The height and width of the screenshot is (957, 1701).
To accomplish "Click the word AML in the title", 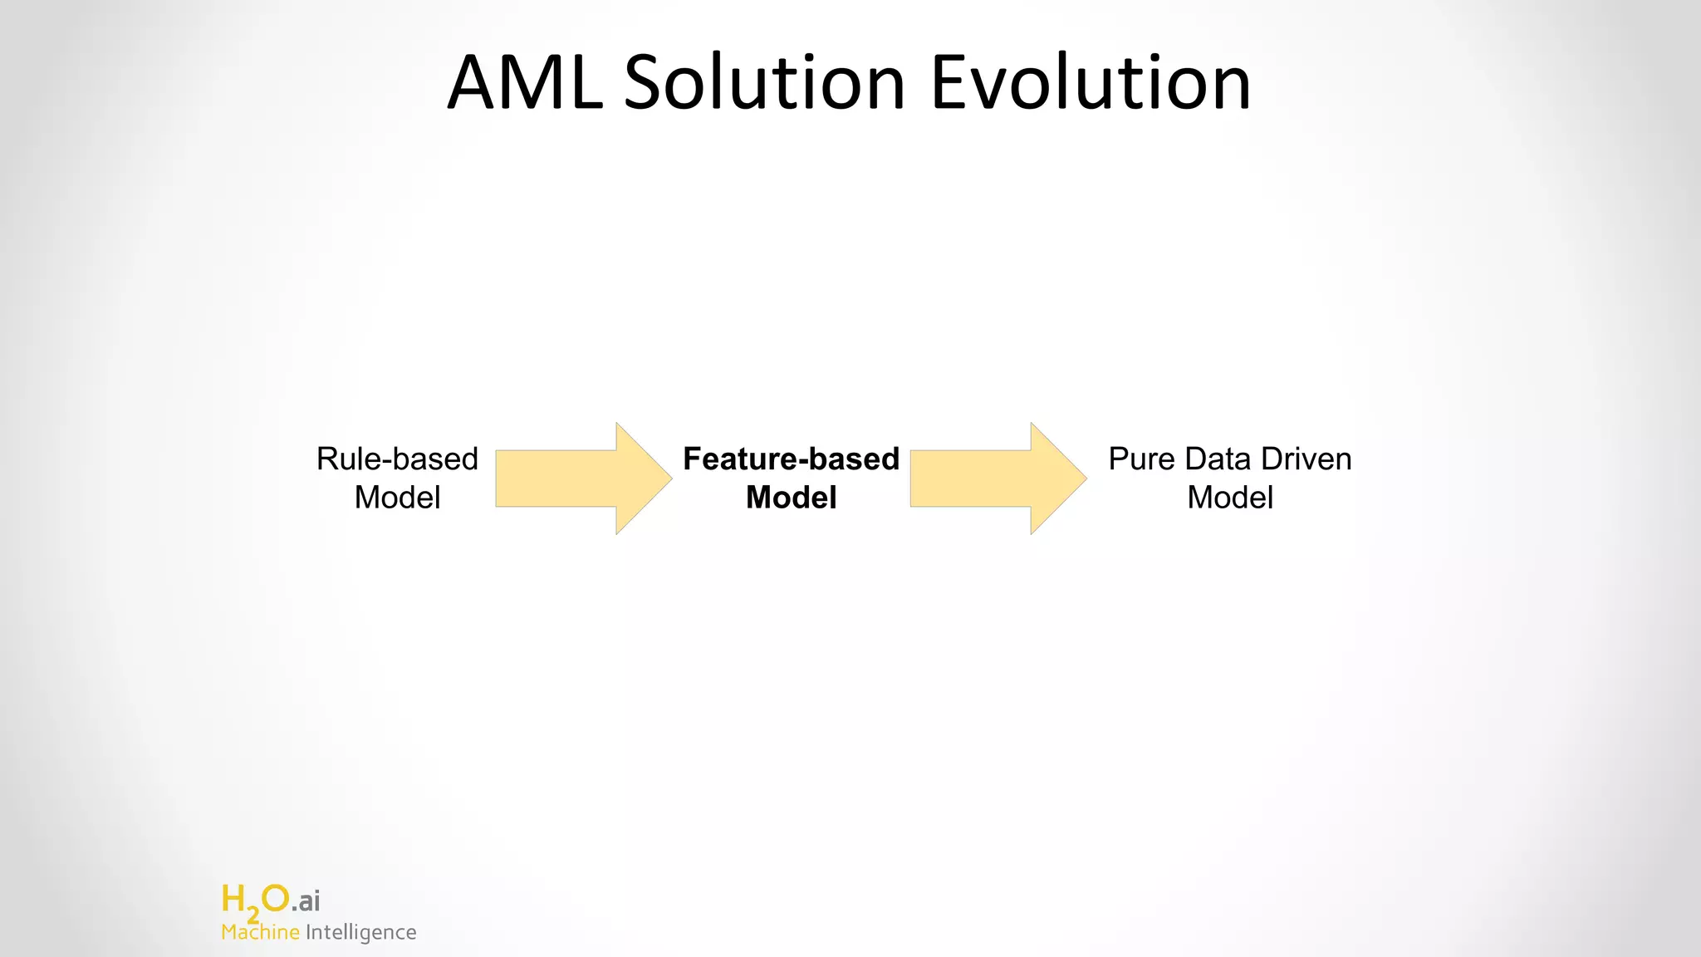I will click(x=525, y=83).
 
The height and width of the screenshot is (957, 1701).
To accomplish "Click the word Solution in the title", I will click(x=764, y=83).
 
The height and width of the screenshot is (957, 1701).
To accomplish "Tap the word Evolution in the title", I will click(x=1090, y=83).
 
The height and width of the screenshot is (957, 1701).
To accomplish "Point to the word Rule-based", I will click(x=397, y=459).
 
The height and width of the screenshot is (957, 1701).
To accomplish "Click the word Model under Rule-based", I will click(x=397, y=498).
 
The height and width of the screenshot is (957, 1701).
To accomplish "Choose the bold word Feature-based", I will click(x=791, y=459).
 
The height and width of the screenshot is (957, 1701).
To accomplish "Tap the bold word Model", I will click(x=791, y=498).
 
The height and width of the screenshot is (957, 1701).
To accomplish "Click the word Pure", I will click(x=1142, y=459).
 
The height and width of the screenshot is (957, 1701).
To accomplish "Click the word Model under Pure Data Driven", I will click(x=1229, y=498).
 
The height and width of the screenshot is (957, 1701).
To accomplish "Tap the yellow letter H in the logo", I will click(x=233, y=899).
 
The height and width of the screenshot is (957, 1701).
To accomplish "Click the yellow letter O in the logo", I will click(x=275, y=898).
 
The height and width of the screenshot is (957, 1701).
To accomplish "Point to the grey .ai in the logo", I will click(x=306, y=901).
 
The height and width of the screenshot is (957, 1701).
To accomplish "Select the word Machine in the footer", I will click(x=260, y=932).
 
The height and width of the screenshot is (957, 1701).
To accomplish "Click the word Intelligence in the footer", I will click(x=360, y=933).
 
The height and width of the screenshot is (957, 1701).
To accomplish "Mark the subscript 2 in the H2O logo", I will click(x=252, y=915).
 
